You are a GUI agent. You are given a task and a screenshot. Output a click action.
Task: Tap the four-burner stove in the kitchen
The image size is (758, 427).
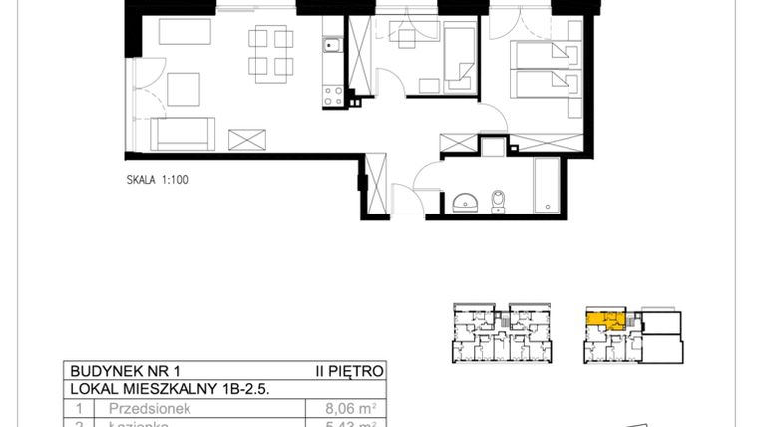(x=330, y=95)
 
